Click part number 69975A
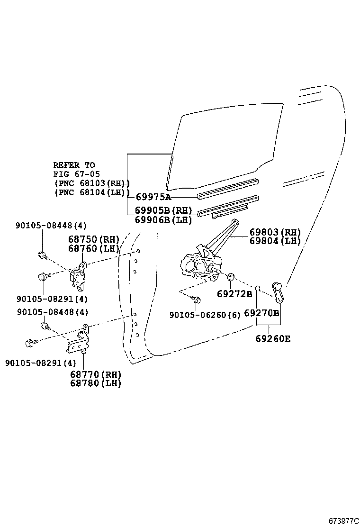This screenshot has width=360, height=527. (153, 197)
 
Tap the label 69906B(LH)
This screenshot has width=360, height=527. (163, 220)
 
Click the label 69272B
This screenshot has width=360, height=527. (234, 294)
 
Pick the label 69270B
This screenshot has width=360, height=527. (261, 313)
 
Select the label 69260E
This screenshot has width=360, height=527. (273, 338)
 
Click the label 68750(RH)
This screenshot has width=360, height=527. (93, 240)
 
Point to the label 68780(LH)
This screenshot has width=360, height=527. (96, 383)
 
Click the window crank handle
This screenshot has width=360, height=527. (278, 292)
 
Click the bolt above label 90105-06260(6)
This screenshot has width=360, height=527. (197, 300)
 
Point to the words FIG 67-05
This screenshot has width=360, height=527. (76, 174)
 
